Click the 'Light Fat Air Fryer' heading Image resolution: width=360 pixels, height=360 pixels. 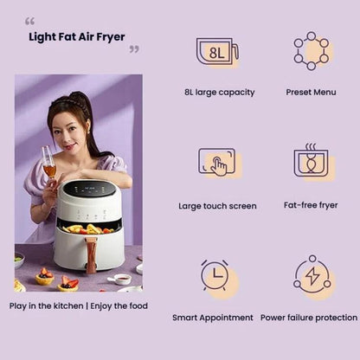[77, 36]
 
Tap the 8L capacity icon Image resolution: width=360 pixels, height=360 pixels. [216, 52]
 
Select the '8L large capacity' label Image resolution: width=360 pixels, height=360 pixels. [219, 92]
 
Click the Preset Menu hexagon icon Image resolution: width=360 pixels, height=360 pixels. [311, 51]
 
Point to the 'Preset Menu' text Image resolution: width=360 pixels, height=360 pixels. [311, 92]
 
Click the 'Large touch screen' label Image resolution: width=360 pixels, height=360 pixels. [217, 206]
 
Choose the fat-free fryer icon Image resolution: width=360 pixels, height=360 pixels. [311, 162]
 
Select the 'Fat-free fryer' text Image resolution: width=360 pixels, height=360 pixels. [311, 206]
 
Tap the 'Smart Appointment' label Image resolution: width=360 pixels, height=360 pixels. [213, 318]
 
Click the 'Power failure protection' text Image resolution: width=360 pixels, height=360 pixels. [309, 318]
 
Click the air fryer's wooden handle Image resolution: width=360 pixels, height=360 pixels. [90, 254]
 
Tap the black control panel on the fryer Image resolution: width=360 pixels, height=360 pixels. [89, 189]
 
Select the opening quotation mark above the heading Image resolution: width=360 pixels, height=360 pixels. [29, 21]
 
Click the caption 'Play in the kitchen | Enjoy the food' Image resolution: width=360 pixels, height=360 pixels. [78, 305]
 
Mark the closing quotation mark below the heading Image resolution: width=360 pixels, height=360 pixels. [134, 49]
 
